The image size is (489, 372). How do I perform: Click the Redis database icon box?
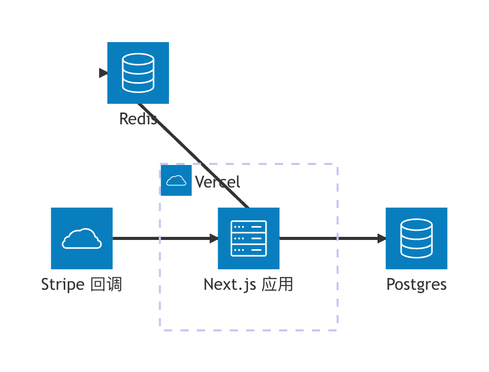click(138, 73)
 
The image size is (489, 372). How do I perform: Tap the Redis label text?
click(138, 119)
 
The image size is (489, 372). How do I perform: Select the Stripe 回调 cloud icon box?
click(82, 238)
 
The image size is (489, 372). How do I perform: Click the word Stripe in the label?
click(63, 285)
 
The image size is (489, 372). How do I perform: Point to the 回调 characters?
click(106, 284)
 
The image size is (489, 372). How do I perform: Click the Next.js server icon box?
click(249, 238)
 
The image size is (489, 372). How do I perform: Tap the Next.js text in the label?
click(230, 285)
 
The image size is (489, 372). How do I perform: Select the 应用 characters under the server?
click(277, 284)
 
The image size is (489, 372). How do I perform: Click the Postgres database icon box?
click(417, 238)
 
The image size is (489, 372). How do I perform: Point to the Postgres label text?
click(417, 285)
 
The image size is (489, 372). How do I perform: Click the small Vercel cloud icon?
click(176, 180)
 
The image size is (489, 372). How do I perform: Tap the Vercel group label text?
click(217, 181)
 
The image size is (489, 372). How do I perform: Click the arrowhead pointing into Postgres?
click(382, 238)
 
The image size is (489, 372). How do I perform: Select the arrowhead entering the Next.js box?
click(214, 238)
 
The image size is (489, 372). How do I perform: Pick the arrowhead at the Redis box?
click(103, 73)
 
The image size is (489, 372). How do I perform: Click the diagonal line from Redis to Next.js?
click(193, 155)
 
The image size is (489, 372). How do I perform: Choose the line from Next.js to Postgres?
click(328, 238)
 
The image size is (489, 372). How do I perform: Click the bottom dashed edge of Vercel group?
click(249, 330)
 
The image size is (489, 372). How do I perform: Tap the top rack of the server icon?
click(249, 227)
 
